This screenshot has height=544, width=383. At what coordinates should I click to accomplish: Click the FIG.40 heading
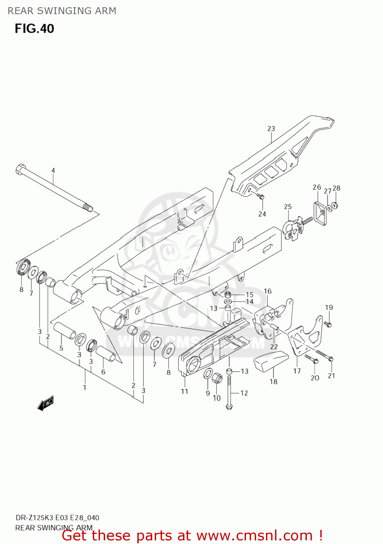click(x=34, y=29)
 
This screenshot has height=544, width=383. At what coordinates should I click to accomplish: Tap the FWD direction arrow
click(x=46, y=403)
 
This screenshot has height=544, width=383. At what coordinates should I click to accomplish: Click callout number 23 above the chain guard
click(x=271, y=129)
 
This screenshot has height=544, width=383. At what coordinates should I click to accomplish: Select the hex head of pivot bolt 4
click(x=20, y=169)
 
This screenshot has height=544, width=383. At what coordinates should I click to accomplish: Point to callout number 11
click(x=184, y=391)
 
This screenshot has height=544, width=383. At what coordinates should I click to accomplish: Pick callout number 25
click(x=288, y=207)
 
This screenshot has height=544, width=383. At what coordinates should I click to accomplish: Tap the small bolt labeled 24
click(x=260, y=197)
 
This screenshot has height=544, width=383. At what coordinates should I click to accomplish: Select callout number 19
click(x=329, y=308)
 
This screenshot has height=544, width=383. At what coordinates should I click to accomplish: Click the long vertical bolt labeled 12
click(x=229, y=392)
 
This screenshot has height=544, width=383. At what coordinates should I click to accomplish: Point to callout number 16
click(x=267, y=291)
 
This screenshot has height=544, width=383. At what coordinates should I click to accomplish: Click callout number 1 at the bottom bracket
click(x=84, y=387)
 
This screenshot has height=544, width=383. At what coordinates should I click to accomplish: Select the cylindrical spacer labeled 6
click(x=105, y=353)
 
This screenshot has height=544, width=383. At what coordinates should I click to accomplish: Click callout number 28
click(x=336, y=188)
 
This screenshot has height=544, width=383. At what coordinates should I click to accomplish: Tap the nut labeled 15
click(x=228, y=294)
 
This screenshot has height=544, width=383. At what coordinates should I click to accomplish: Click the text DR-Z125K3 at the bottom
click(x=34, y=518)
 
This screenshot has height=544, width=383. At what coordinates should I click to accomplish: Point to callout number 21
click(x=331, y=376)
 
